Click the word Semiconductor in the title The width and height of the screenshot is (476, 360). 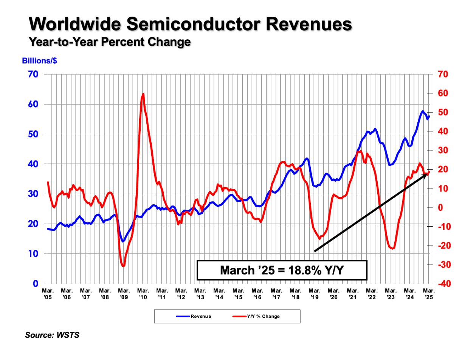pos(193,24)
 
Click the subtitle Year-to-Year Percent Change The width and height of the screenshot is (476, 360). pos(110,42)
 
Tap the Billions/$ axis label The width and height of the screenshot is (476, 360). pos(39,61)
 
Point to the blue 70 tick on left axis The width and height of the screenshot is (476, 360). pos(33,74)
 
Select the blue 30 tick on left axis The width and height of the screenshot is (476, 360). pos(33,194)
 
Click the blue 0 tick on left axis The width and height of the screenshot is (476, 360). pos(36,284)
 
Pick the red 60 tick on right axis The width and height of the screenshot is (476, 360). pos(442,93)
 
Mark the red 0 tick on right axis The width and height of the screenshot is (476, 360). pos(440,207)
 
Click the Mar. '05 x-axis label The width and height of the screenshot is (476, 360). pos(48,294)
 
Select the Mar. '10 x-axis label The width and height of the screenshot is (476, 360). pos(143,294)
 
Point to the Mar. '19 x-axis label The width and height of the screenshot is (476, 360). pos(315,294)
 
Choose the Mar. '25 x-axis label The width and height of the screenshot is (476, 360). pos(429,294)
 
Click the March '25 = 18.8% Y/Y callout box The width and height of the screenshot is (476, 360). pos(282,270)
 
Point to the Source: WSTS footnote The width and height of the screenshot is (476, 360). pos(52,335)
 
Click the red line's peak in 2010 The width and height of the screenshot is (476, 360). pos(143,94)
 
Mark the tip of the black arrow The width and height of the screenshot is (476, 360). pos(427,174)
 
